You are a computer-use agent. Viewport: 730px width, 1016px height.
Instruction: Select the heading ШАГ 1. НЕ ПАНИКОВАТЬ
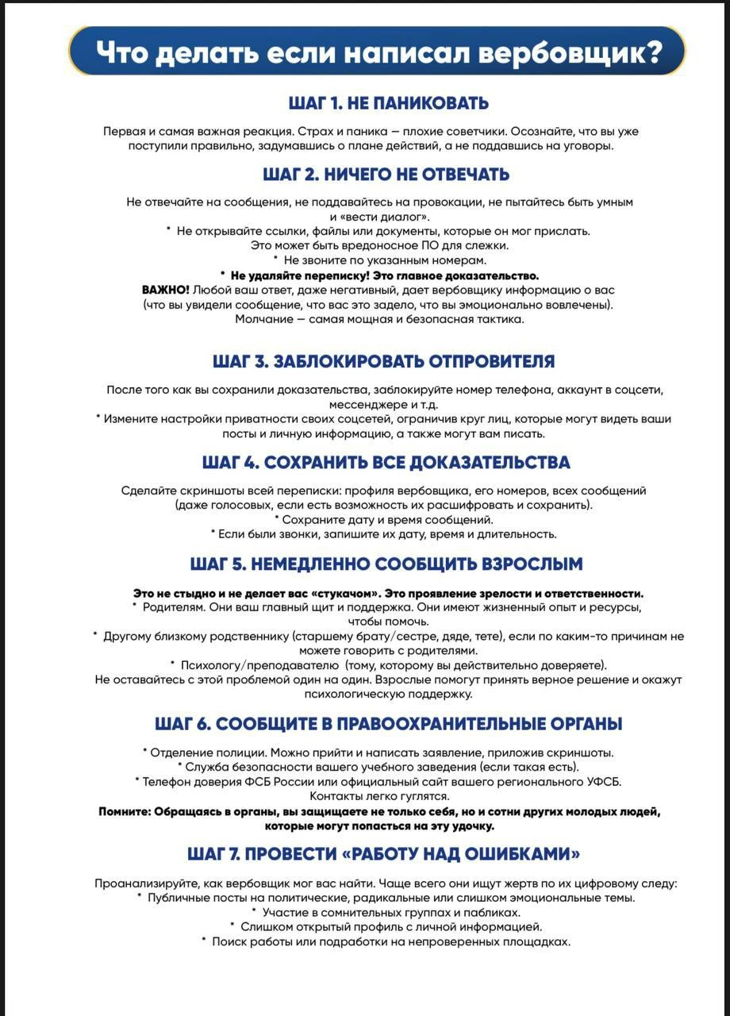[x=388, y=103]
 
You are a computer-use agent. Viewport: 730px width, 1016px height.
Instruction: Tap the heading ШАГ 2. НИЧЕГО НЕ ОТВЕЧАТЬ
[x=386, y=174]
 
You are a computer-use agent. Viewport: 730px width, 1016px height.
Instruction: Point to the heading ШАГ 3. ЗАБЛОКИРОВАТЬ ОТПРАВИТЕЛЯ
[x=383, y=361]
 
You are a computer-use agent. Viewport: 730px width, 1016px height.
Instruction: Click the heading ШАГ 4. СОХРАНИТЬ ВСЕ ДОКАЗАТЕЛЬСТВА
[x=386, y=462]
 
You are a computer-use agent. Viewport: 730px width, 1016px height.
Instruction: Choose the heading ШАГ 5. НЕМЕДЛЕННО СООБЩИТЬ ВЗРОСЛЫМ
[x=386, y=564]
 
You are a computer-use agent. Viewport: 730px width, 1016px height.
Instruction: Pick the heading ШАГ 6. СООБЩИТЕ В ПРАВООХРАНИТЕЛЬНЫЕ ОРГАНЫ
[x=388, y=724]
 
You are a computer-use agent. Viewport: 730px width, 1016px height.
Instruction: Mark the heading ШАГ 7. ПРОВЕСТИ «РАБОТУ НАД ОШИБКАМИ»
[x=384, y=854]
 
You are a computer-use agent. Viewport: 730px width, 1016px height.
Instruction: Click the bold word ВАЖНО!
[x=165, y=290]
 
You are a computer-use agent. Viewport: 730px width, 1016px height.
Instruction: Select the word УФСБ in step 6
[x=600, y=781]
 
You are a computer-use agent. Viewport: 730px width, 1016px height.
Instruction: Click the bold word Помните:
[x=125, y=811]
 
